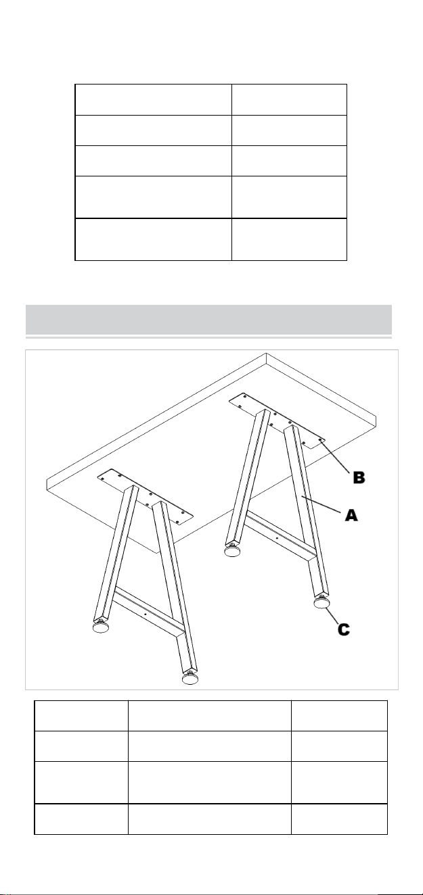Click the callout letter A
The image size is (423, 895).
[x=351, y=515]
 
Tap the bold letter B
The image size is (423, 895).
[x=359, y=477]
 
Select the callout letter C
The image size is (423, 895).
[x=343, y=629]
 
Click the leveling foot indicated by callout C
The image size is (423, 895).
[x=320, y=602]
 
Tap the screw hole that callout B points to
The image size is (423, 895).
[x=320, y=440]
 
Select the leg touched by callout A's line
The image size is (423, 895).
[x=306, y=512]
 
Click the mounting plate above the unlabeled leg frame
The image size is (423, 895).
[x=146, y=497]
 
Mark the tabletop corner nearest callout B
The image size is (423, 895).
[x=376, y=427]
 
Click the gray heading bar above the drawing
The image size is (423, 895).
[x=208, y=319]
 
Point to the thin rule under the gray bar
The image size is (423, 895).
[x=208, y=337]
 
